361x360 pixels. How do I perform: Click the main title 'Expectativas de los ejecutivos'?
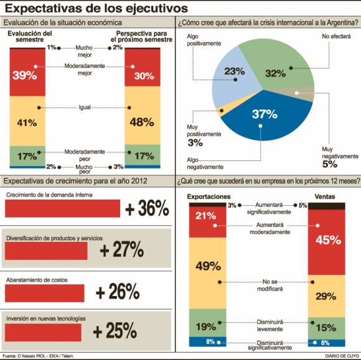[96, 8]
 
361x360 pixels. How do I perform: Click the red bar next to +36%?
[62, 209]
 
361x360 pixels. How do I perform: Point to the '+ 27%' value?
[122, 250]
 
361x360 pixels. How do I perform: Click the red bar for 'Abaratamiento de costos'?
[44, 292]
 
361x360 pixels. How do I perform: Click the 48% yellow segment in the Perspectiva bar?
[142, 122]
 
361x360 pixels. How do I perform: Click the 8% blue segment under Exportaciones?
[206, 341]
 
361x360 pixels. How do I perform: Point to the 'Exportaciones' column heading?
[207, 196]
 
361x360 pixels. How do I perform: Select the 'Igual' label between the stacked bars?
[85, 108]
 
